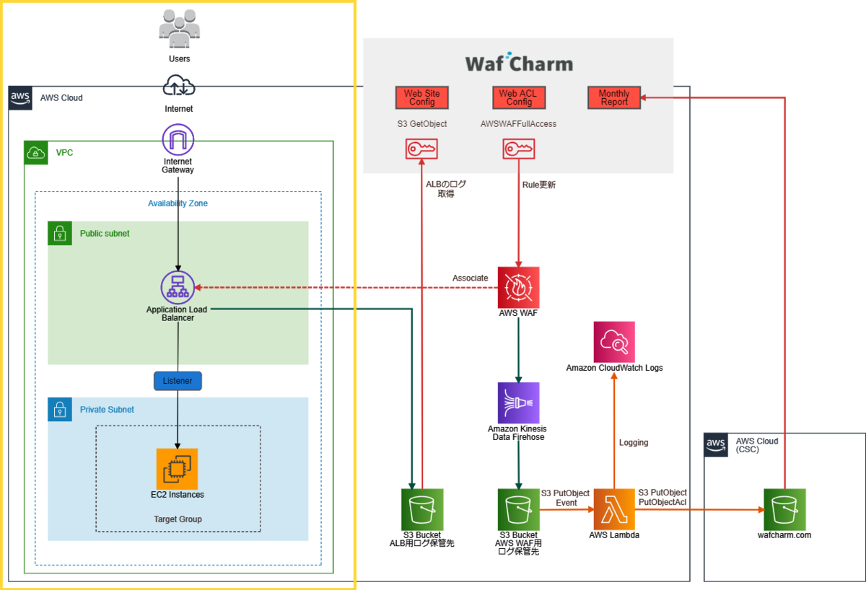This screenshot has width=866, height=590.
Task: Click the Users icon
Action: coord(180,29)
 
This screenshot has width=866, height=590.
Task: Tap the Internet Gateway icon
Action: coord(178,139)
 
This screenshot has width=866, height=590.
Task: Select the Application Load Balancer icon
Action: coord(178,287)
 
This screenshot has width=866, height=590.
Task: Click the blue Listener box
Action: coord(178,381)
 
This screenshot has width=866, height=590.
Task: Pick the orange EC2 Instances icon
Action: coord(177,469)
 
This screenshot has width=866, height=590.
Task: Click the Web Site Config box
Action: coord(421,98)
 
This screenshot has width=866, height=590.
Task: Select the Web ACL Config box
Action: coord(519,98)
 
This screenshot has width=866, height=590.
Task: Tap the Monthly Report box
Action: coord(614,98)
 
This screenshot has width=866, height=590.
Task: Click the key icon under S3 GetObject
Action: coord(421,149)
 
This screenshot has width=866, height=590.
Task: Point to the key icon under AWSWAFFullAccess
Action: coord(518,149)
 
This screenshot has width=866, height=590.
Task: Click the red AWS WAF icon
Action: coord(518,288)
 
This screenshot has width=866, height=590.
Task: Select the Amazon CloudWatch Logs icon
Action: coord(614,342)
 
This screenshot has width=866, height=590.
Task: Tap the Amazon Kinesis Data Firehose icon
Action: coord(518,403)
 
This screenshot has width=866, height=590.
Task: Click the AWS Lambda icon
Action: coord(614,509)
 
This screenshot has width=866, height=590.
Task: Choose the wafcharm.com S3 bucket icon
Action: coord(784,509)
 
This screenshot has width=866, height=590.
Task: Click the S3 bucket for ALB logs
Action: coord(421,509)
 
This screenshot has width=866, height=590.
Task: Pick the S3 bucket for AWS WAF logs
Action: coord(518,509)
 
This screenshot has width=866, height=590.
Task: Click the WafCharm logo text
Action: coord(519,63)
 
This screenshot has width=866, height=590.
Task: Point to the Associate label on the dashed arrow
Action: coord(470,278)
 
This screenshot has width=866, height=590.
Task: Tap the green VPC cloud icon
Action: coord(36,153)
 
